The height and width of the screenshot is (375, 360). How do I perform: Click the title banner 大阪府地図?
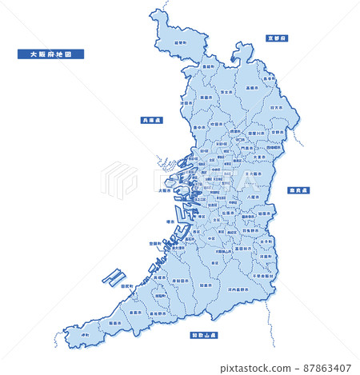pos(50,55)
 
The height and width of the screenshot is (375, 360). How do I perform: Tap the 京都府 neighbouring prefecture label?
pos(277,38)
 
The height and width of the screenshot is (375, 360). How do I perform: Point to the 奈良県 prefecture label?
pos(299,190)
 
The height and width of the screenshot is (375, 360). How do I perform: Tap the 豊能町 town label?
pos(207,67)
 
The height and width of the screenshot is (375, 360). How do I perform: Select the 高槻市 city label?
pos(250,87)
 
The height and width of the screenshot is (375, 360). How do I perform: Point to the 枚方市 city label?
pos(274,106)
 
